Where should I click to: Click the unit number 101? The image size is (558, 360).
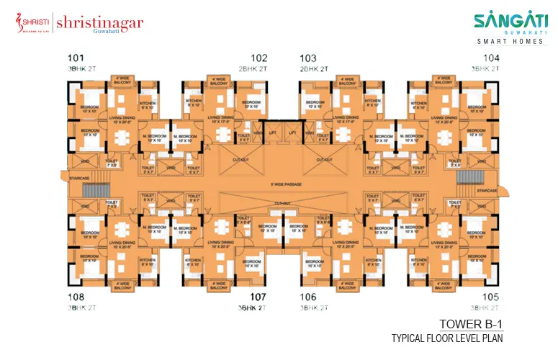(76, 58)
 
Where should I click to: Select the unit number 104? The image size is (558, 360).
(491, 58)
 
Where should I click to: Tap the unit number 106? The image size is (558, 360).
(308, 297)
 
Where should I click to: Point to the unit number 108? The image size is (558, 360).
(76, 297)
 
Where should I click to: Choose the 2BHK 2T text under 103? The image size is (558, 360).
(315, 68)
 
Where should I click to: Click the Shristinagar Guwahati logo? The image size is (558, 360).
(79, 24)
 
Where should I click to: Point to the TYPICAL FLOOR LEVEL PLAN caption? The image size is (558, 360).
(446, 338)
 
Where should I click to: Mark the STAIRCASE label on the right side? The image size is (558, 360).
(486, 191)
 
